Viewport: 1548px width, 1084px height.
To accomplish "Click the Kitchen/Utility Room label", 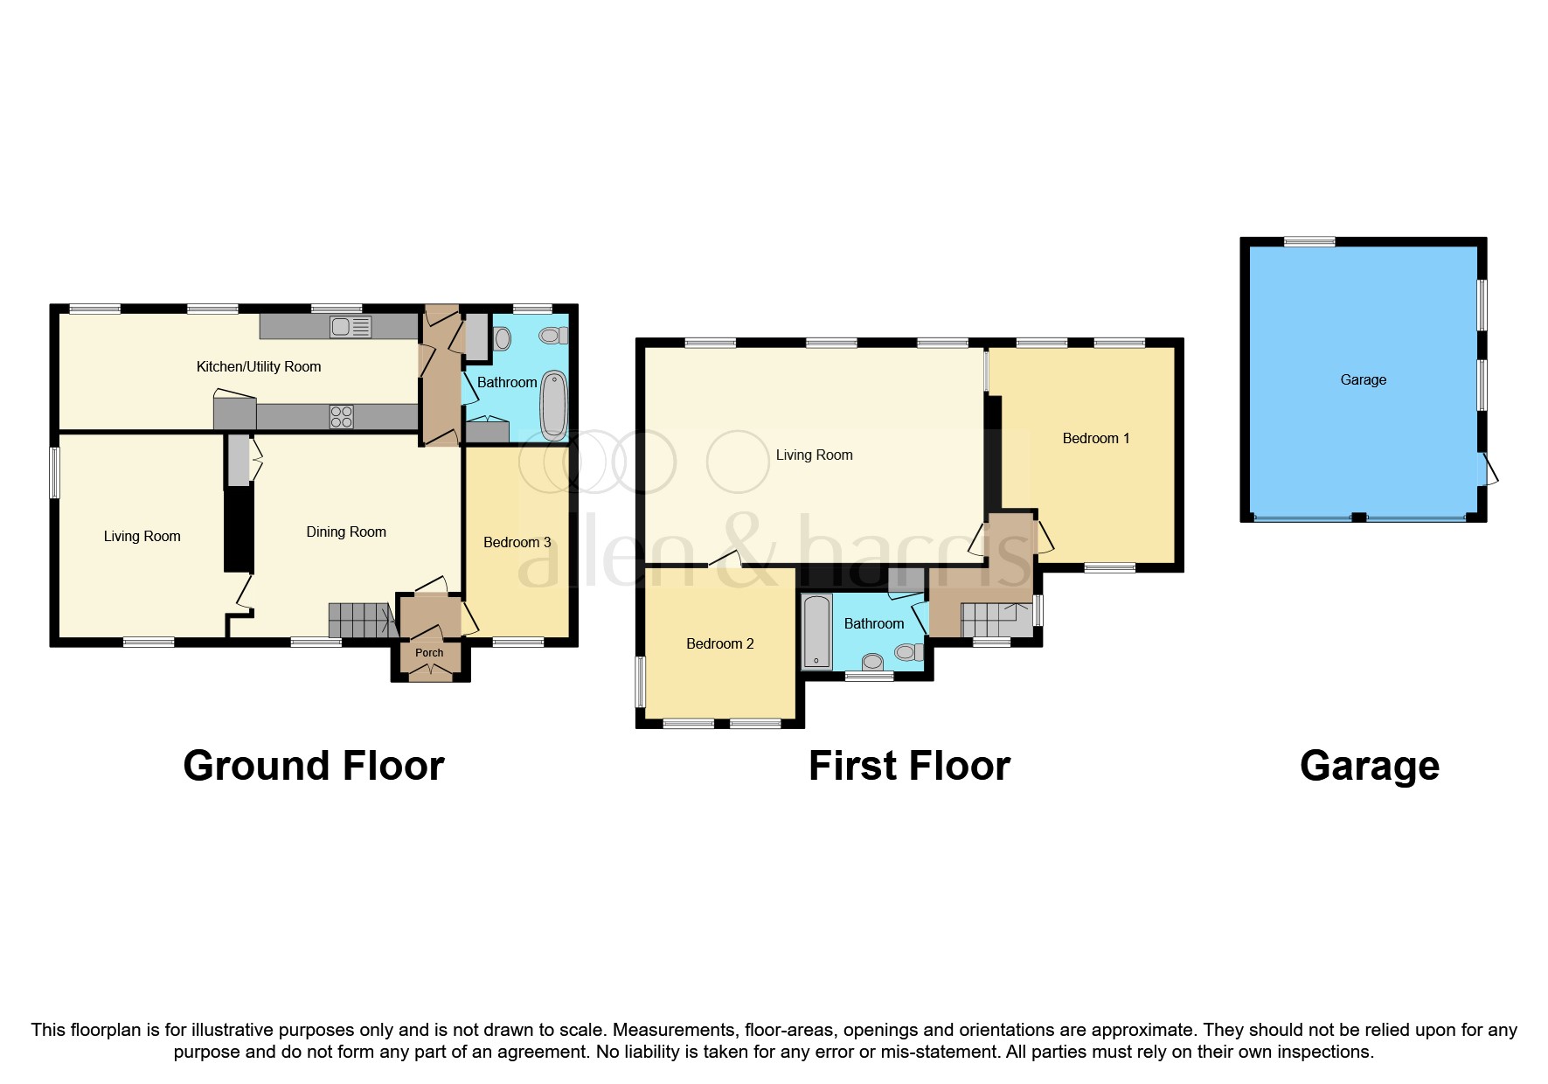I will coord(259,367).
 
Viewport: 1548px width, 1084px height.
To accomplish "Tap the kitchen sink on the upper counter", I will coord(351,327).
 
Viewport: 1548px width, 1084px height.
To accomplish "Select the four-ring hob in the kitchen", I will coord(341,417).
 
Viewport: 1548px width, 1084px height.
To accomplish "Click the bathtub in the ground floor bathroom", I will coord(554,406).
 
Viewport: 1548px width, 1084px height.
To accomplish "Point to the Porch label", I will coord(429,653).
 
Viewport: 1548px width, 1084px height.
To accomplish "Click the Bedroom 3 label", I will coord(517,543).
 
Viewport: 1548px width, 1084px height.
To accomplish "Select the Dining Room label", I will coord(346,532).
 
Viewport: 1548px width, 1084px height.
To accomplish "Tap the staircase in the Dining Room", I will coord(359,620).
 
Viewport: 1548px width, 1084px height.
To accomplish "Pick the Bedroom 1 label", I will coord(1095,439).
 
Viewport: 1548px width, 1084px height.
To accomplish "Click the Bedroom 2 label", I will coord(719,644).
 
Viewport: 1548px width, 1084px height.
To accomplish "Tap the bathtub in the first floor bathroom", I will coord(817,631).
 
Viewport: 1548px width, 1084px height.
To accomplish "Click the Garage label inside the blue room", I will coord(1363,380).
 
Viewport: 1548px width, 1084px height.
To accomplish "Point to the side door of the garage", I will coord(1489,469).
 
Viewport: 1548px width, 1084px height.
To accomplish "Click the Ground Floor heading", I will coord(314,766).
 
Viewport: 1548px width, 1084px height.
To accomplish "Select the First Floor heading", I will coord(909,766).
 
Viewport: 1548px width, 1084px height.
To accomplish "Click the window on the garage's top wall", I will coord(1309,242).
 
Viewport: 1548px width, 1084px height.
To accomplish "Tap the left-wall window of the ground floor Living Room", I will coord(55,473).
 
